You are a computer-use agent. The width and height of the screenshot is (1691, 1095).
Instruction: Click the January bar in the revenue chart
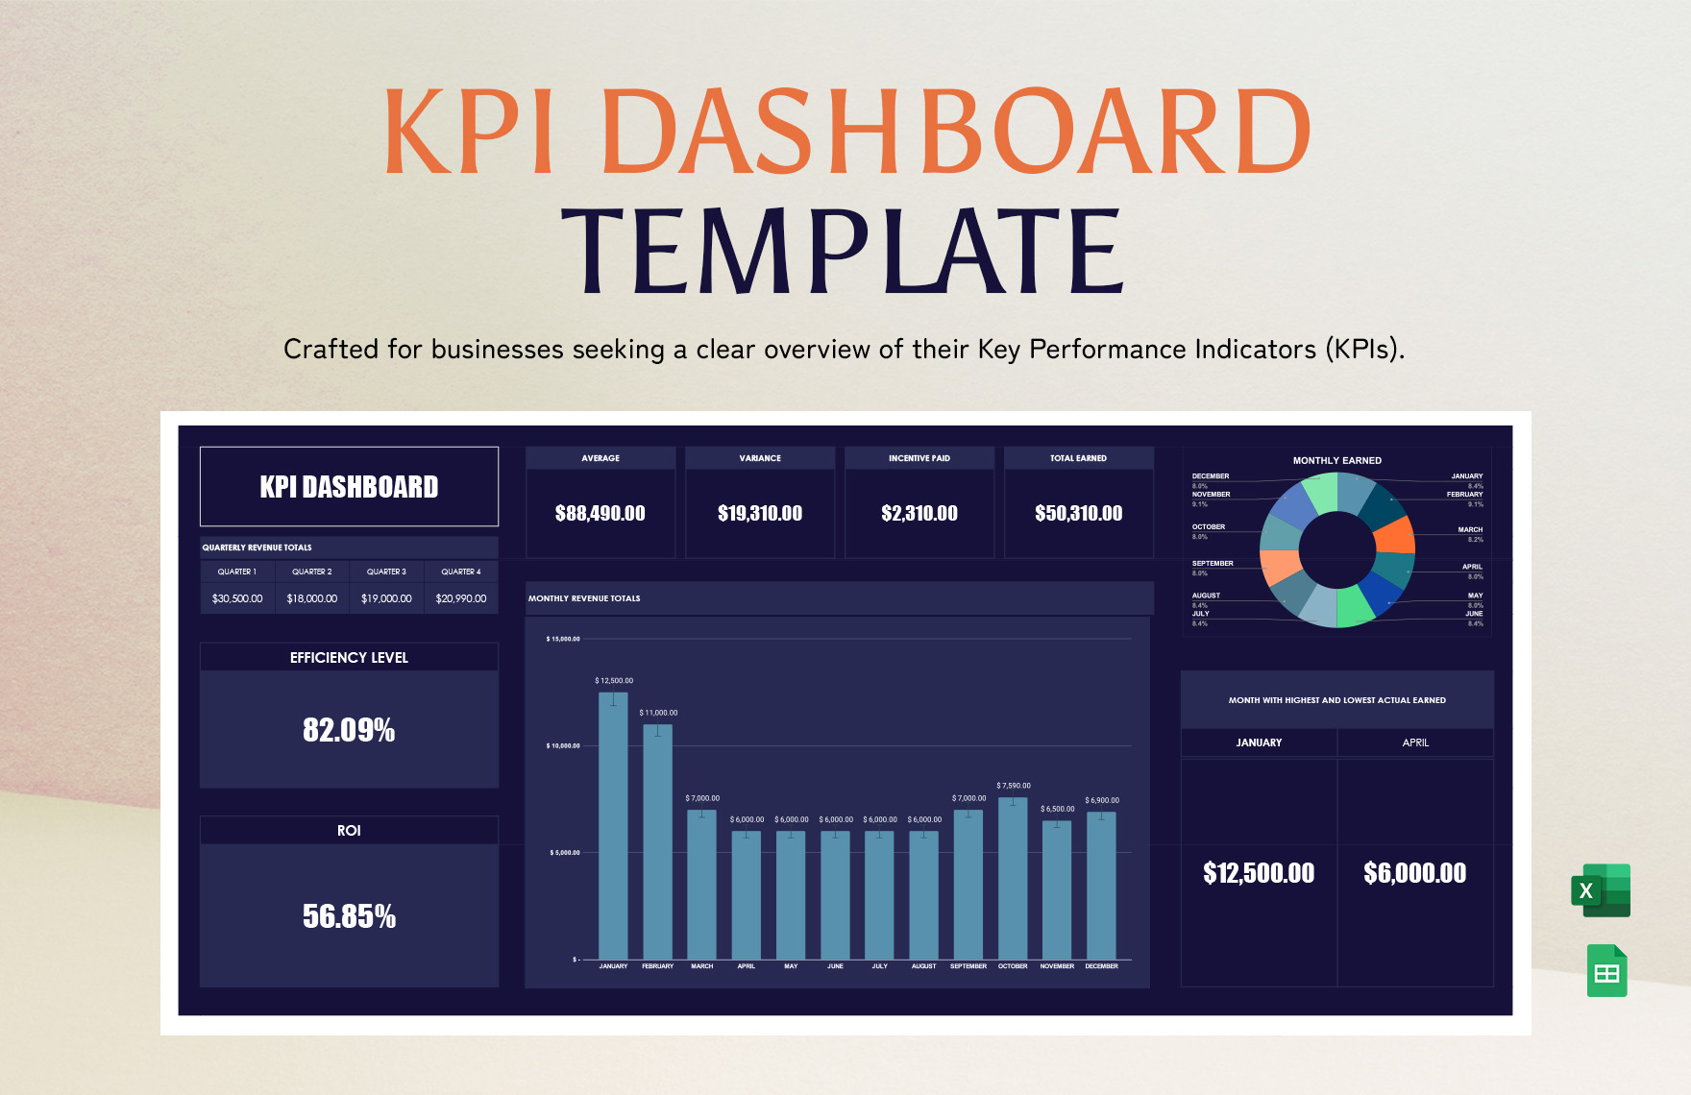click(613, 826)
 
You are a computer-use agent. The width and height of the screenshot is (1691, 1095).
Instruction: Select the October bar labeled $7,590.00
click(1013, 878)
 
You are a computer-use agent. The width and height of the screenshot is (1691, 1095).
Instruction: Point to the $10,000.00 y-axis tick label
click(563, 745)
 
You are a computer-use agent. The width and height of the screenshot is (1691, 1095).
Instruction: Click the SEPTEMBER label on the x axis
click(968, 966)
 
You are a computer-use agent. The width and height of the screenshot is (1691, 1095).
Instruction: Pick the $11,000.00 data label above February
click(658, 713)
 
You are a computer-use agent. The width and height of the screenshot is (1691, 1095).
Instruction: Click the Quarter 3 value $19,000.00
click(386, 598)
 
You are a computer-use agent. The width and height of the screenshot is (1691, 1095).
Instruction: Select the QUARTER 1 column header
click(236, 572)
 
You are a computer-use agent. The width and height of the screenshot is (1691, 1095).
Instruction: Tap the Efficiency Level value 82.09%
click(349, 730)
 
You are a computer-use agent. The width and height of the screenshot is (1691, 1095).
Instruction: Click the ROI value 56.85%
click(349, 916)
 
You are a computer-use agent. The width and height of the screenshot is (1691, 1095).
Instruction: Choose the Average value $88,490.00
click(600, 514)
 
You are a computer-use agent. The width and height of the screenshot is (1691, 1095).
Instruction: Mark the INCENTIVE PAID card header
click(919, 458)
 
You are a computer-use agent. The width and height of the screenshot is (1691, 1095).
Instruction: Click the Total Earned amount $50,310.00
click(1078, 514)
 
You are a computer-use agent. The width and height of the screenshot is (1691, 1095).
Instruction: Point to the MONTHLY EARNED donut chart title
click(1336, 461)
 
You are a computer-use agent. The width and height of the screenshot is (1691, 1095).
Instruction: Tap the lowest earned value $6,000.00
click(1414, 873)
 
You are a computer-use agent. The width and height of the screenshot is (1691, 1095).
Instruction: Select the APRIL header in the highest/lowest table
click(1414, 742)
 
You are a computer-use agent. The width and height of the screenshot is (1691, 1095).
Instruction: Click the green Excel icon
click(1601, 890)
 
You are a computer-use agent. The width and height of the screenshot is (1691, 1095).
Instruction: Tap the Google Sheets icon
click(1606, 971)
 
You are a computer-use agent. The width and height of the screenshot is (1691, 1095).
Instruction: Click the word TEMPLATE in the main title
click(842, 252)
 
